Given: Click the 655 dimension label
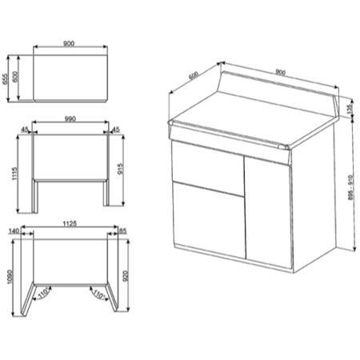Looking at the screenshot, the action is point(5,79).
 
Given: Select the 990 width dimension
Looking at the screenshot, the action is point(70,119).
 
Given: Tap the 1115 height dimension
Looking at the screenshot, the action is point(14,174).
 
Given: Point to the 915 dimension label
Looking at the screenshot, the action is point(120,169).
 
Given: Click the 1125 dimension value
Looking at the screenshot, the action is point(70,223).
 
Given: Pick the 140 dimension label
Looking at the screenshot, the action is point(14,231).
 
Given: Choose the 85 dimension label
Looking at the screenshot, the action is point(122,231).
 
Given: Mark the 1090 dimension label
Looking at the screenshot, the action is point(10,277).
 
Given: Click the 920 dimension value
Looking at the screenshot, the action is point(126,276).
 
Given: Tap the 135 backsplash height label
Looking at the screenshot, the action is point(350,109).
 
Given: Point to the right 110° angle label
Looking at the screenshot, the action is point(98,294).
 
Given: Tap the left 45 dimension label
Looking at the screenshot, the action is point(25,130).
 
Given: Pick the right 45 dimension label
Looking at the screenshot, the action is point(116,130).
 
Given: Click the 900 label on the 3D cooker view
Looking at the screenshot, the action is point(280,72).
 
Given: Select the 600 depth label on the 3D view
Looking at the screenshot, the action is point(194,75).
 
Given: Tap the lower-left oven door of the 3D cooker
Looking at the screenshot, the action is point(209,219).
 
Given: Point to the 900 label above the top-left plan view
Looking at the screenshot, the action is point(69,43).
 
